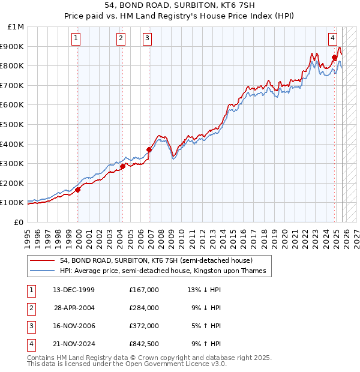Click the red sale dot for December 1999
78,190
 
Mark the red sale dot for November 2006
149,149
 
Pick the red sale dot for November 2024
334,58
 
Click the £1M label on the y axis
16,26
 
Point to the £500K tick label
13,124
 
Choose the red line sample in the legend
42,260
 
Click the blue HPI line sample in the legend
42,271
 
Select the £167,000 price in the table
143,290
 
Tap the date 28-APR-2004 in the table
74,308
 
